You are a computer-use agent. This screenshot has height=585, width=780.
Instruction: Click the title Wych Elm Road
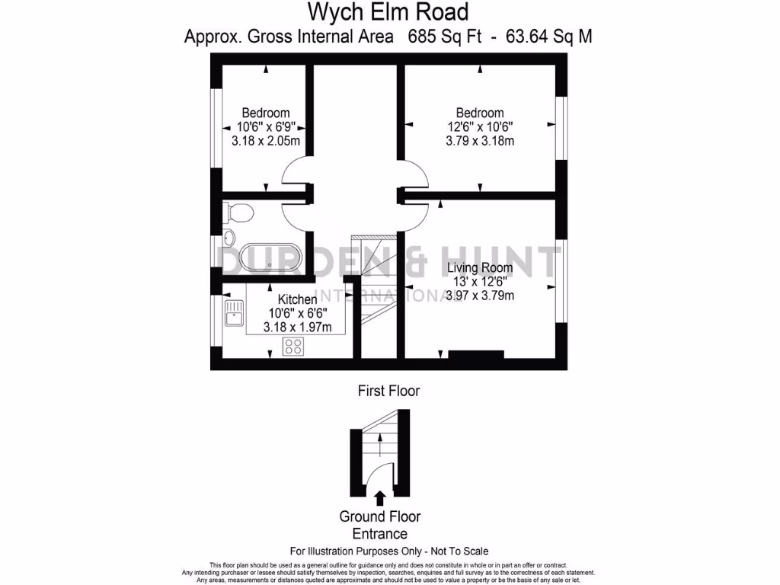388,12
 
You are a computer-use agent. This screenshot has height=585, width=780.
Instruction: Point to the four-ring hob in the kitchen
292,347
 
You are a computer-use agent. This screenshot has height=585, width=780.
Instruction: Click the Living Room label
479,268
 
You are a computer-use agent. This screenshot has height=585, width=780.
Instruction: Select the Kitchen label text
297,299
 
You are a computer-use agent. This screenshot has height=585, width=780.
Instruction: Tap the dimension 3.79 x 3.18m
480,140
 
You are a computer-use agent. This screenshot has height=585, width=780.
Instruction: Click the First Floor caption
388,391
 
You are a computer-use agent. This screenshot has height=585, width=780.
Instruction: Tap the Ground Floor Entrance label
379,525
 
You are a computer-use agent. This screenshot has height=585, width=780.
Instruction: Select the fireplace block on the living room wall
475,354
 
